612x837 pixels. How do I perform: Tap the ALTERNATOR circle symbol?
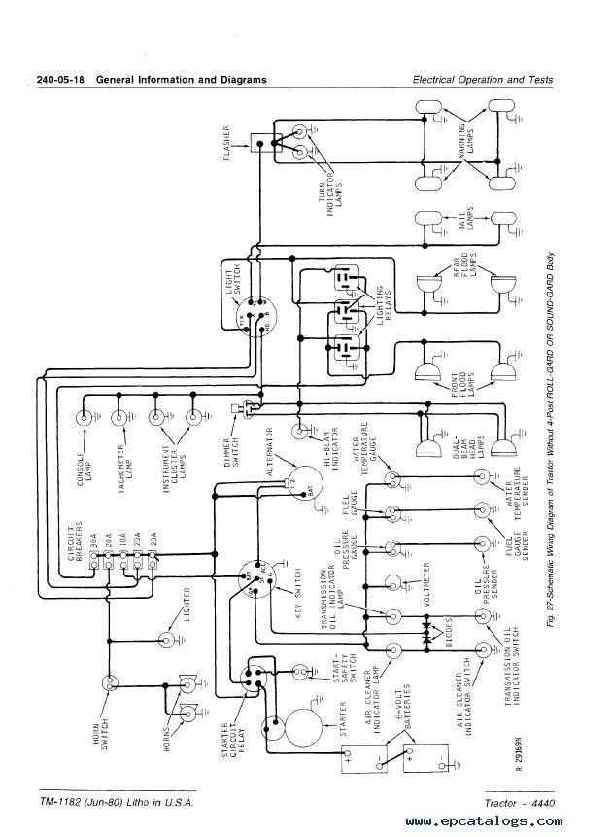(x=300, y=484)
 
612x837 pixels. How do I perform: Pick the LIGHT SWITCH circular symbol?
(x=255, y=317)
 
